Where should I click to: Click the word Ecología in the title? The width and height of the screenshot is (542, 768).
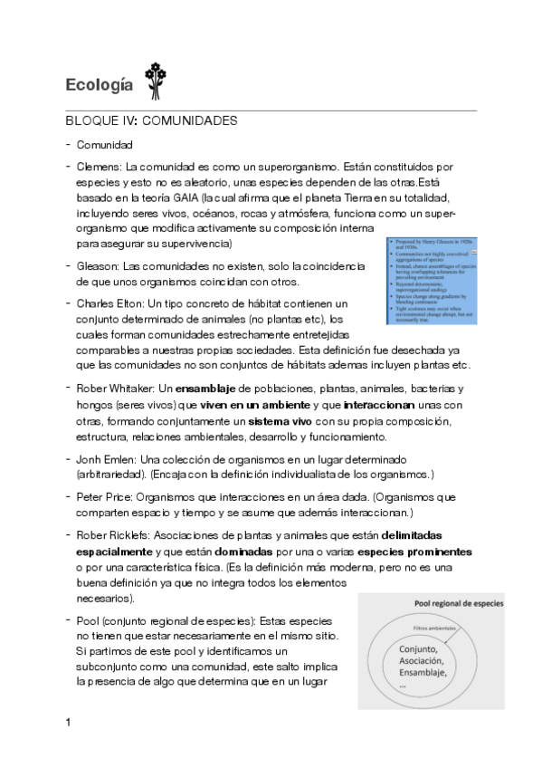click(99, 85)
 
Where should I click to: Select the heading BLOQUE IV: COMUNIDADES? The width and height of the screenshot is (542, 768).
click(152, 120)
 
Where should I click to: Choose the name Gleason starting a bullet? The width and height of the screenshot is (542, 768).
click(98, 266)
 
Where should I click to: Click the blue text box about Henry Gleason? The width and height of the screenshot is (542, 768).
click(431, 281)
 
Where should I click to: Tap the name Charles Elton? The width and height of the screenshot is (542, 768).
click(110, 303)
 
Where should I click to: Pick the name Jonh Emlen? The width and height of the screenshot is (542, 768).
click(107, 459)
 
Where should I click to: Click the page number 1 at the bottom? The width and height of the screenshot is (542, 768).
click(69, 723)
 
